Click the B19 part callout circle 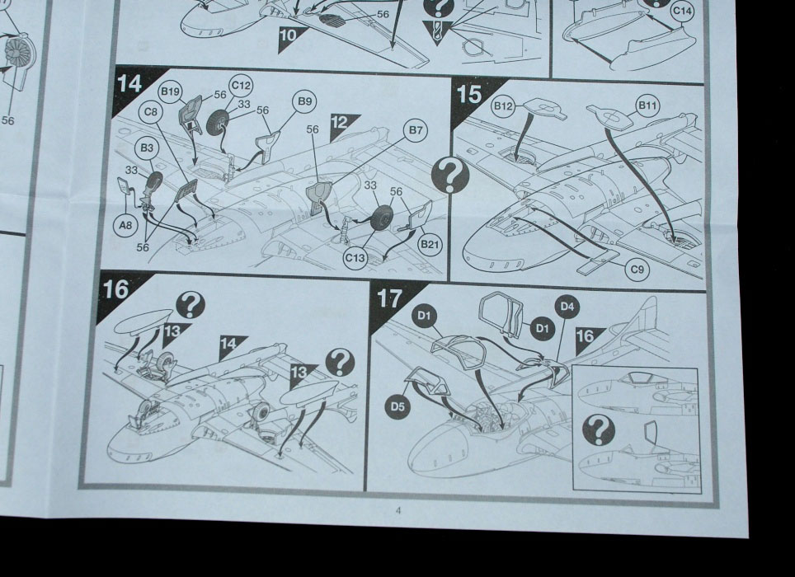point(170,91)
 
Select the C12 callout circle point(241,86)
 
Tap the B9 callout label point(304,102)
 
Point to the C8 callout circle point(151,112)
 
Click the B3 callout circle point(147,148)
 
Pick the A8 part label point(125,224)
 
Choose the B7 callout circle point(416,130)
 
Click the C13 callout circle point(355,258)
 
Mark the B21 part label point(430,245)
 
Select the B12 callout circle point(503,106)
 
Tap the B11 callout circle point(647,106)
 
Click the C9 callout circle point(637,269)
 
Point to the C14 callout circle point(683,11)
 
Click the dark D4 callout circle point(567,307)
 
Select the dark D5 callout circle point(397,406)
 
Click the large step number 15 point(469,95)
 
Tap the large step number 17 point(389,298)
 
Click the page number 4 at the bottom point(398,510)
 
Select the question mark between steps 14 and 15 point(450,175)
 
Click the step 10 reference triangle point(291,38)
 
